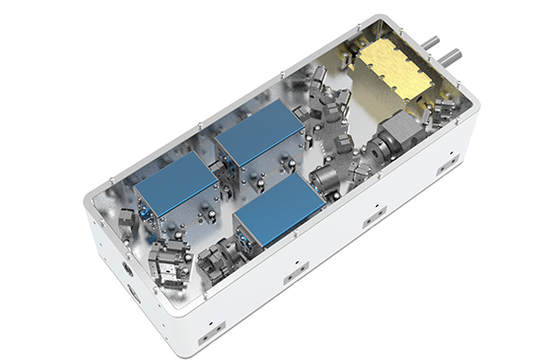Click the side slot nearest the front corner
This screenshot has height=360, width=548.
[x=209, y=337]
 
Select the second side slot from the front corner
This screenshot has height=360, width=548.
[x=293, y=279]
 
